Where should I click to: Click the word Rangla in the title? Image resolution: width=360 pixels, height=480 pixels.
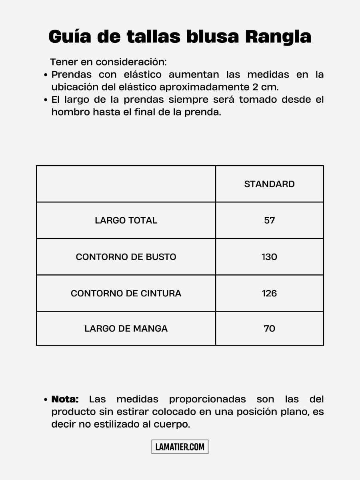(278, 37)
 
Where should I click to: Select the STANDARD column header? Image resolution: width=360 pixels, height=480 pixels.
(269, 184)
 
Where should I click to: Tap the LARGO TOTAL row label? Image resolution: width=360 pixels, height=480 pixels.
(126, 220)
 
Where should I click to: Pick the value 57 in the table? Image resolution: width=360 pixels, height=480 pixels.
(269, 220)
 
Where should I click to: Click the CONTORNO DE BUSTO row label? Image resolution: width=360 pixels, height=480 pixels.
(126, 257)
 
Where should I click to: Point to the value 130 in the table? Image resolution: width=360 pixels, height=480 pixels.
(269, 257)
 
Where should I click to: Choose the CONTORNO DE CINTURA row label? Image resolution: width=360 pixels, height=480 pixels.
(126, 293)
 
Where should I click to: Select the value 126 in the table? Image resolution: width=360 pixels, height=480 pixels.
(269, 293)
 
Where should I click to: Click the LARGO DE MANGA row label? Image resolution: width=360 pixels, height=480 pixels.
(126, 328)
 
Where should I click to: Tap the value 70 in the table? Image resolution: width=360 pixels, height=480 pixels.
(269, 328)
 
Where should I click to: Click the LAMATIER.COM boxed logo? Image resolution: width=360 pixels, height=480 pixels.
(180, 447)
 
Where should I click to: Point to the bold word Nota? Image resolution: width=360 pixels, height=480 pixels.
(65, 399)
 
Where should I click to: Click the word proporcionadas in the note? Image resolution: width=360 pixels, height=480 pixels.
(207, 399)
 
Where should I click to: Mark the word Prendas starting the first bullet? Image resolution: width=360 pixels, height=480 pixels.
(71, 75)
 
